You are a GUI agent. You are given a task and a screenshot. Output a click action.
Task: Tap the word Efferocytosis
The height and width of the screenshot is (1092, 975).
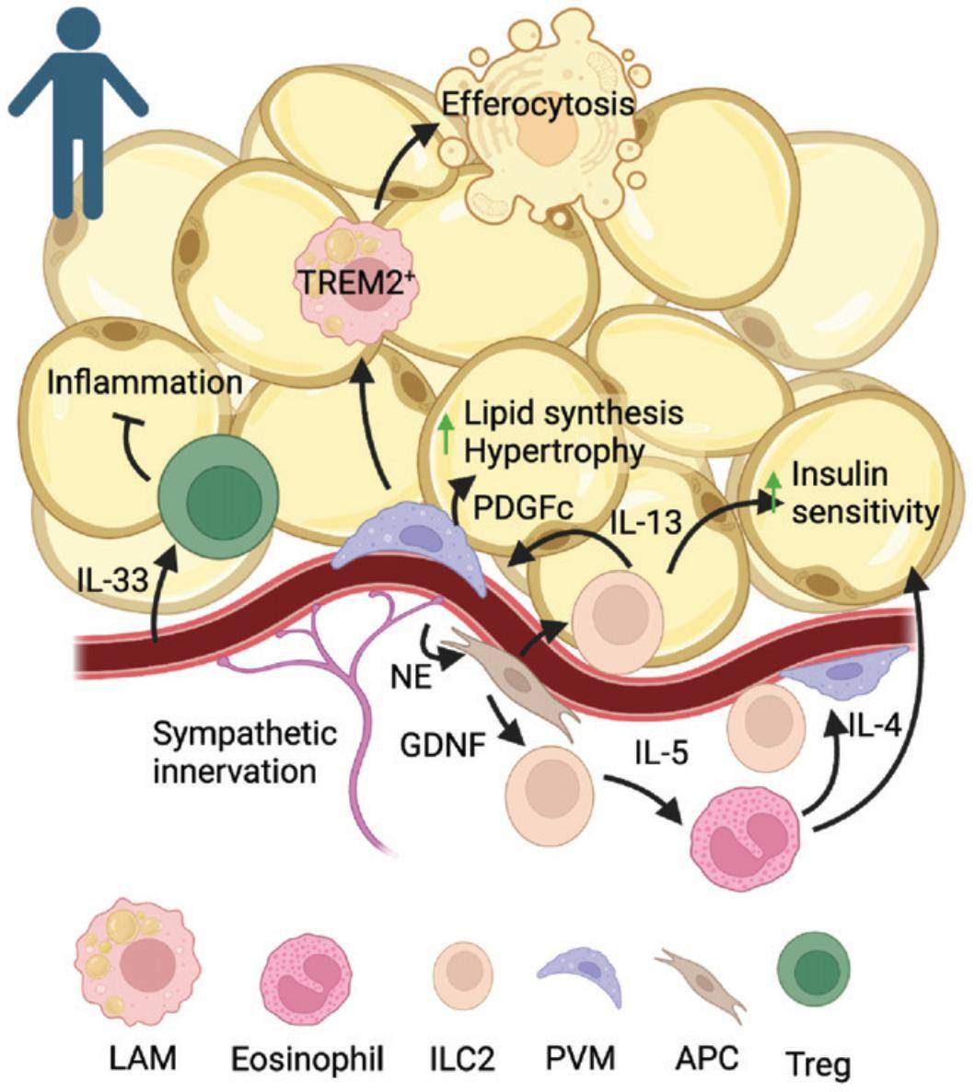(538, 103)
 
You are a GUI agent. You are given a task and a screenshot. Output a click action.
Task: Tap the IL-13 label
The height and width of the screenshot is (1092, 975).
(644, 522)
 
